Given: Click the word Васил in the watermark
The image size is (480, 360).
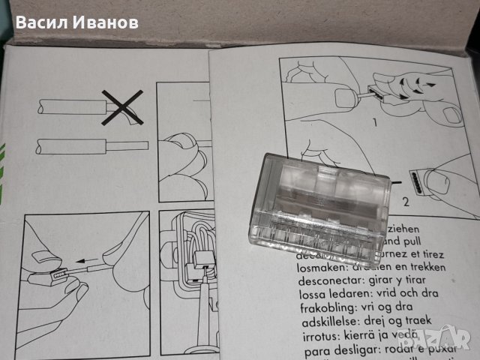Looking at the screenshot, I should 43,22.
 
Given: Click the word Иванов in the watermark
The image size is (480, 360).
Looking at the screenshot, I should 106,22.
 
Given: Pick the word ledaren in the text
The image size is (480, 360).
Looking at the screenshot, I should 342,295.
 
